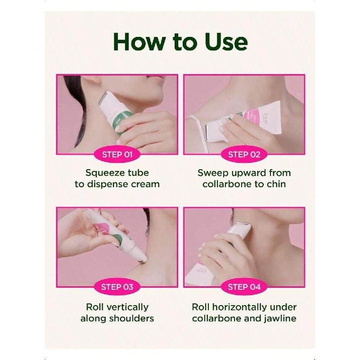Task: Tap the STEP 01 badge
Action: (x=117, y=154)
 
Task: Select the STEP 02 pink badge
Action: (x=244, y=154)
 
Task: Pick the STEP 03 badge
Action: (x=117, y=287)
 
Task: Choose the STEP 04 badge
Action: (x=244, y=287)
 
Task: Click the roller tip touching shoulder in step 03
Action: (x=142, y=258)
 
